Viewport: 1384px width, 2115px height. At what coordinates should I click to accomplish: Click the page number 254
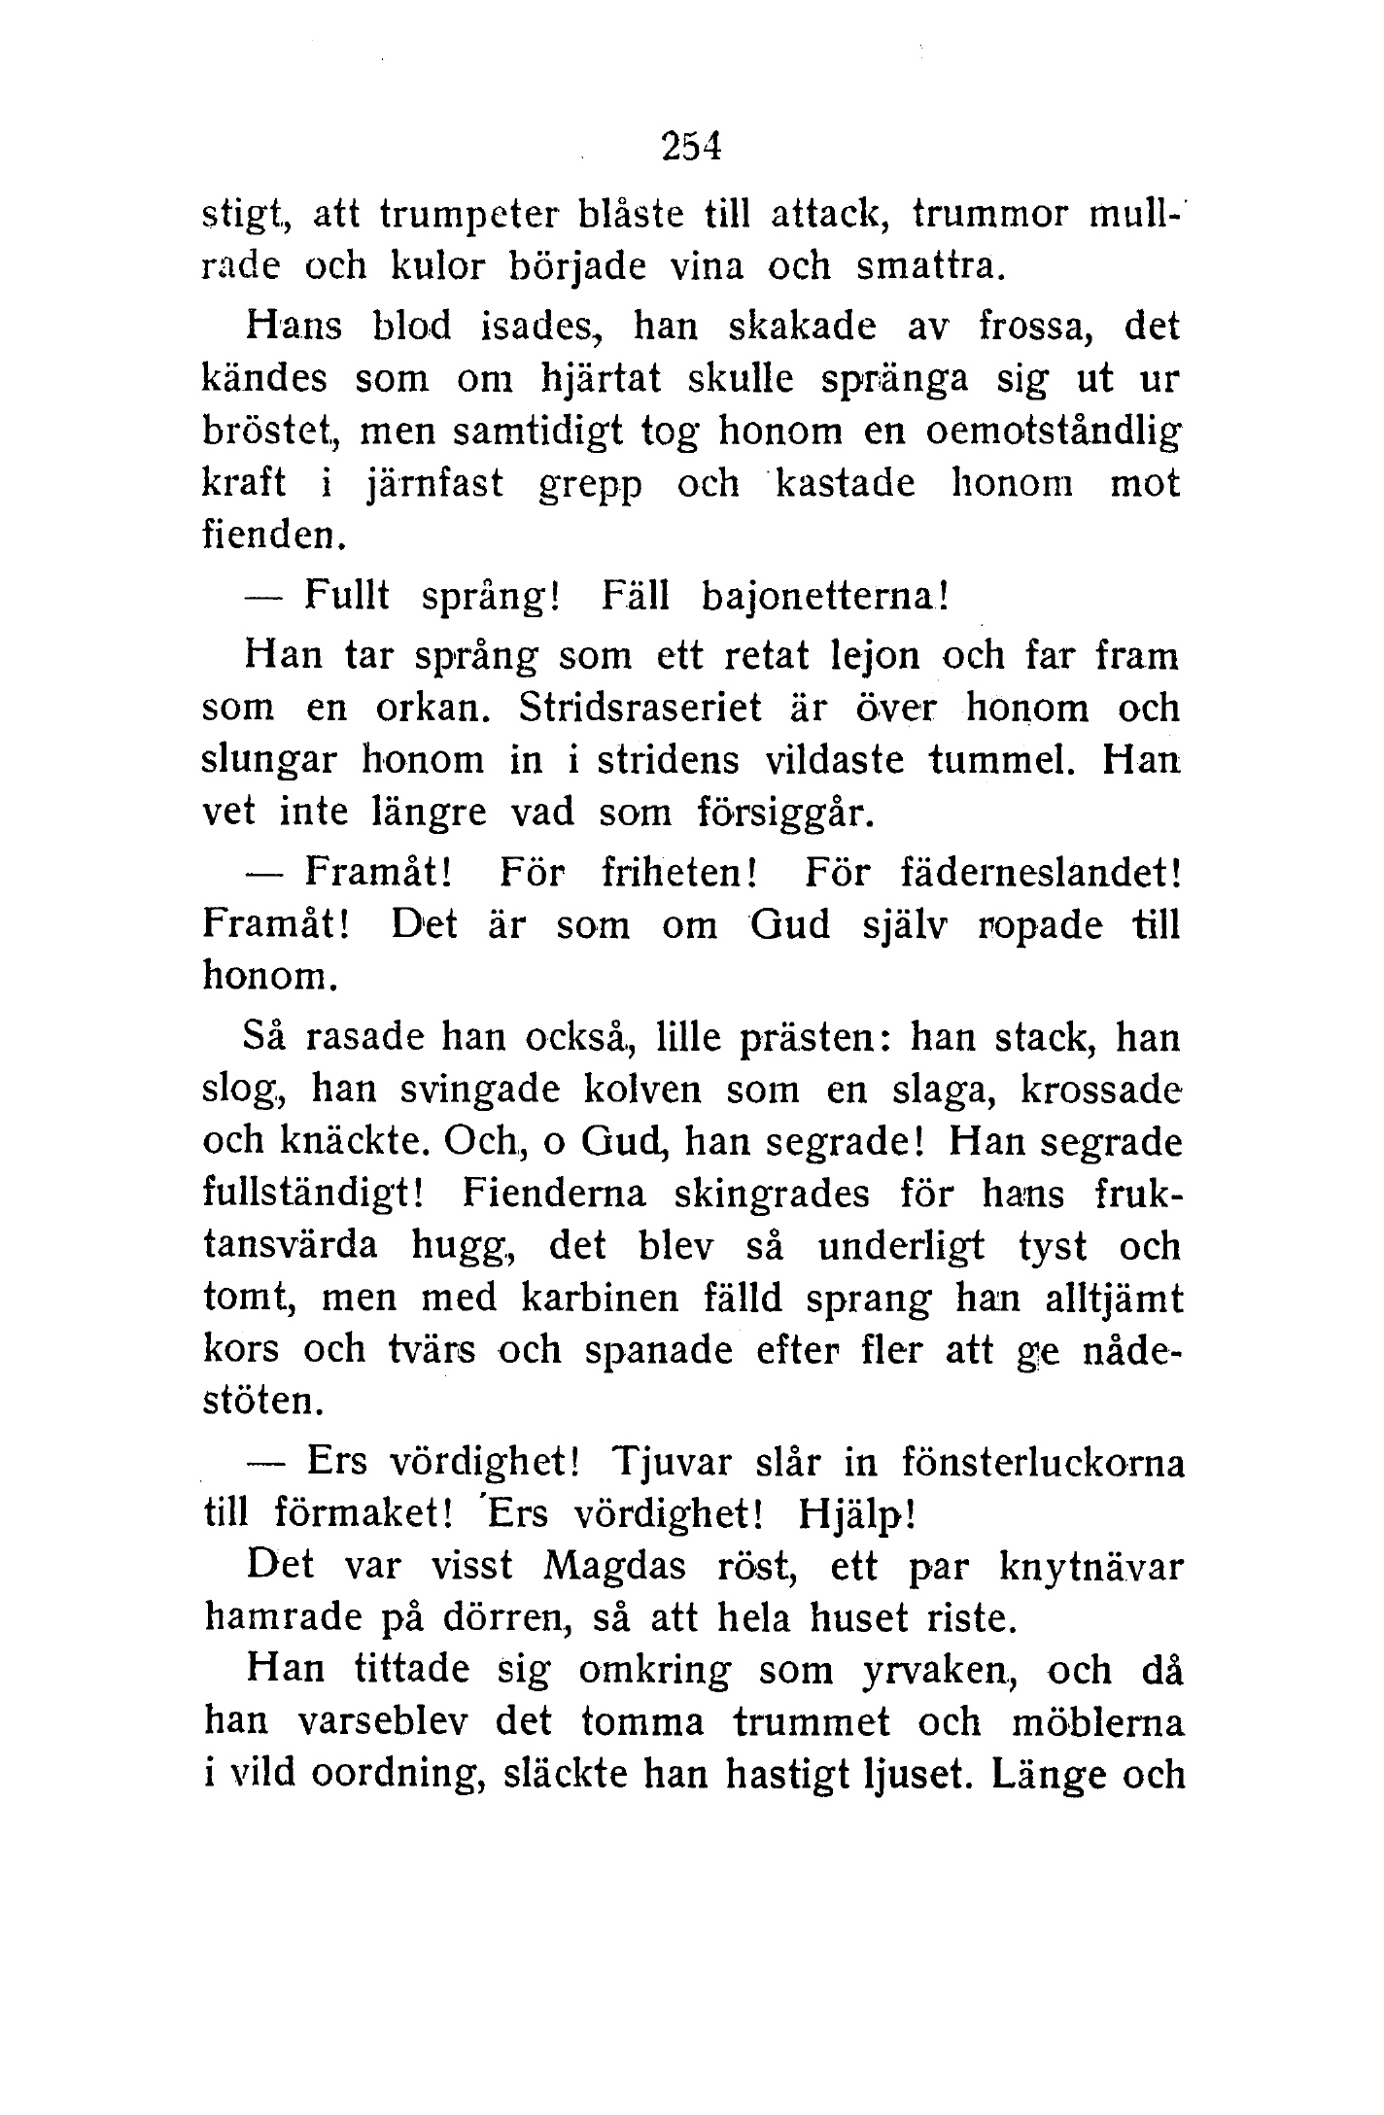[691, 147]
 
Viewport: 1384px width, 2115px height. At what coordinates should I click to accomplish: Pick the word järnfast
[433, 484]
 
